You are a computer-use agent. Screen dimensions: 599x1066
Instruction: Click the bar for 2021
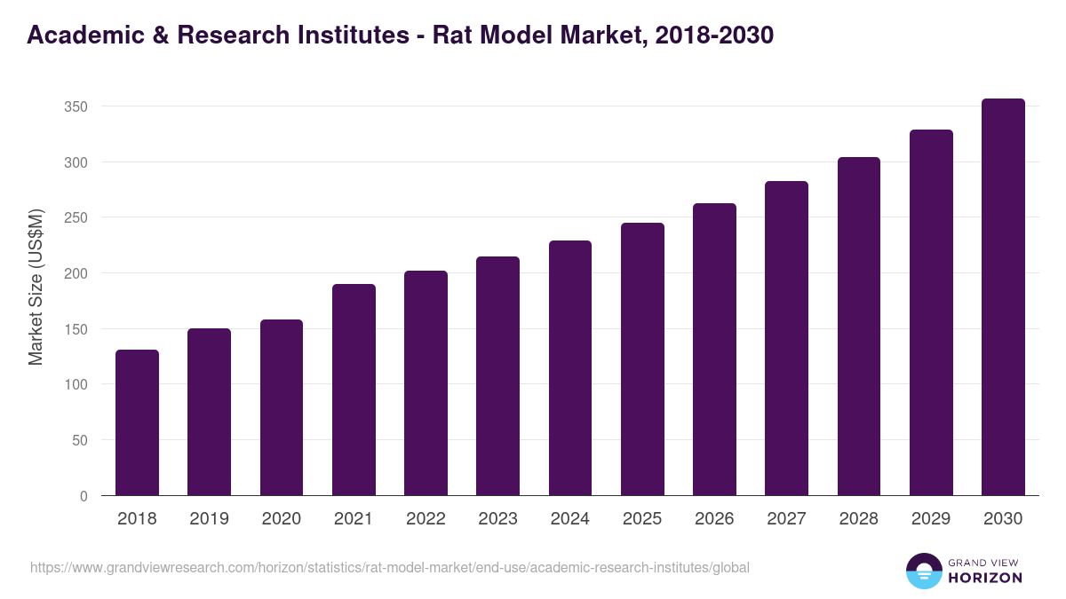354,390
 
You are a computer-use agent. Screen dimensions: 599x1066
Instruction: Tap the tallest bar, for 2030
1003,297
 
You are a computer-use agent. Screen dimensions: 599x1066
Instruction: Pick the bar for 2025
642,359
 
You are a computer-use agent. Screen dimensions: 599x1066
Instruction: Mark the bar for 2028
859,327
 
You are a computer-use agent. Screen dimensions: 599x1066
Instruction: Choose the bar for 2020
282,407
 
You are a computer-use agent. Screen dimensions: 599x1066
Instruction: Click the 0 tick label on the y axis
84,496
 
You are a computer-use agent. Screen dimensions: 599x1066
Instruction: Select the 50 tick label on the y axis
80,440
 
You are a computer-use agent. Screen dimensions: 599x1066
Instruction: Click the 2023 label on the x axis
497,519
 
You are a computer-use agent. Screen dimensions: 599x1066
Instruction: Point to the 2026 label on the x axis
714,519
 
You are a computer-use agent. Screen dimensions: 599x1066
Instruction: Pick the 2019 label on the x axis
209,519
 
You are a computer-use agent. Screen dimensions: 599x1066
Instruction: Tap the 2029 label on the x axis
931,519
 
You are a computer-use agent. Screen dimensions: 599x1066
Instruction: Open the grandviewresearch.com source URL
390,567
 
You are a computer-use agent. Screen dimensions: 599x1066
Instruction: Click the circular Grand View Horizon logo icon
923,571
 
